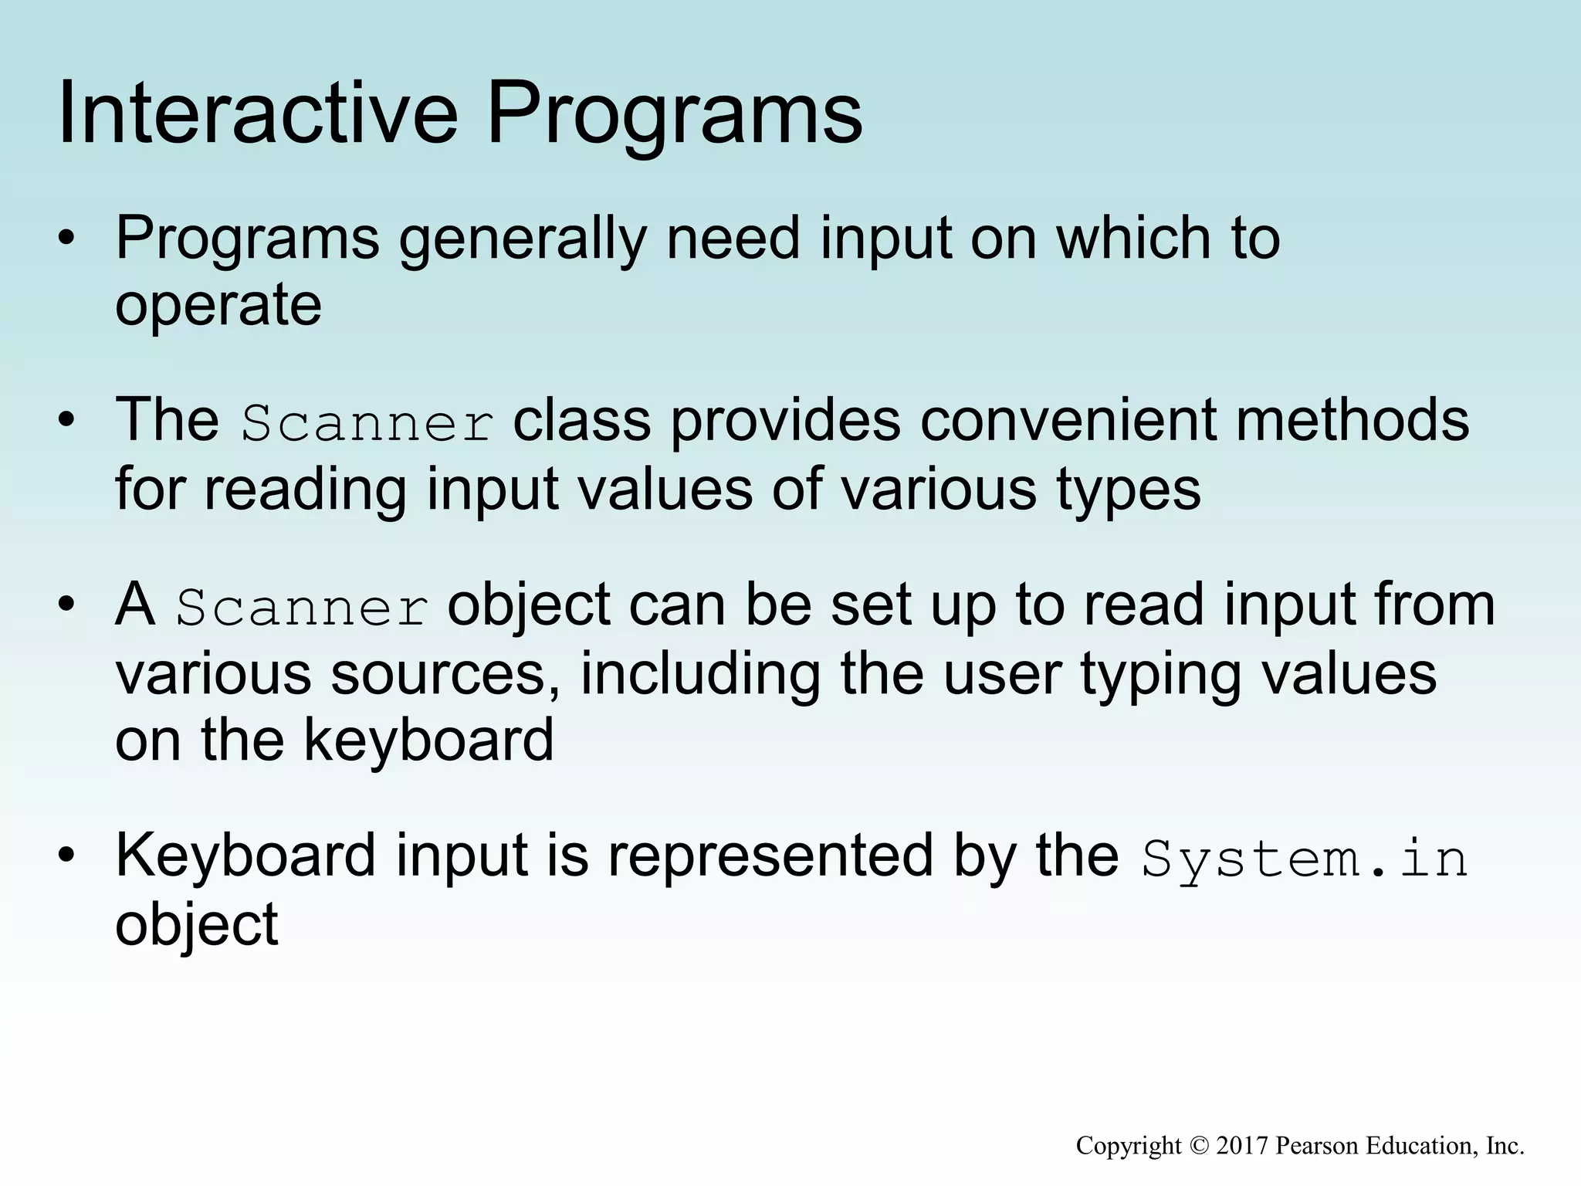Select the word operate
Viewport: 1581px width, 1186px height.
[218, 307]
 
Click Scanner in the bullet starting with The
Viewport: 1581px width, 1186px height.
[367, 424]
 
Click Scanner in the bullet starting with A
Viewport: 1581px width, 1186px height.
[302, 608]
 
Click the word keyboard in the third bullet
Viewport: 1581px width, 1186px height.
[428, 740]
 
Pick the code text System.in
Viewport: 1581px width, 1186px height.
[1305, 859]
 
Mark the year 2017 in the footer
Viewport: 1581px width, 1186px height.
[1242, 1146]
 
